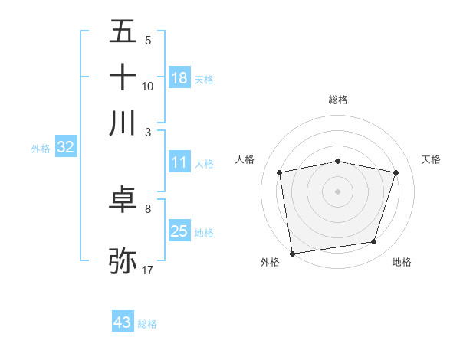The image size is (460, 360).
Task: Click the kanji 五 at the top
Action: coord(123,31)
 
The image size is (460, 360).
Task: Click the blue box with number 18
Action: coord(179,77)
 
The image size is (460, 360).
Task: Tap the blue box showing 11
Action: coord(179,162)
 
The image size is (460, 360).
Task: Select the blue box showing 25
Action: coord(179,231)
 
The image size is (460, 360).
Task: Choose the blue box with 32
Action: coord(65,148)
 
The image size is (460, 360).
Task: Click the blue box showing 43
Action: coord(123,322)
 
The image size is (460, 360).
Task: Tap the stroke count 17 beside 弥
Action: coord(148,270)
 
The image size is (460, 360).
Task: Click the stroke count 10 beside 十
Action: coord(148,87)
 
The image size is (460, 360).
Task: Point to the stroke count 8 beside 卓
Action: coord(148,208)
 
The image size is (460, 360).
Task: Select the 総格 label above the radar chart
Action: coord(338,100)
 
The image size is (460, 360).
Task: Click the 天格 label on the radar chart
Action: coord(431,159)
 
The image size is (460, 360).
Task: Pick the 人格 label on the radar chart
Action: coord(245,159)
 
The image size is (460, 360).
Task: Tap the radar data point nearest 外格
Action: coord(292,253)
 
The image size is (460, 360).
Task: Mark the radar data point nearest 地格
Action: coord(374,242)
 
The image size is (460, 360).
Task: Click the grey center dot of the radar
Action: coord(338,191)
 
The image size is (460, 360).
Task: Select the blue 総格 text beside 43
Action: coord(148,324)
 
